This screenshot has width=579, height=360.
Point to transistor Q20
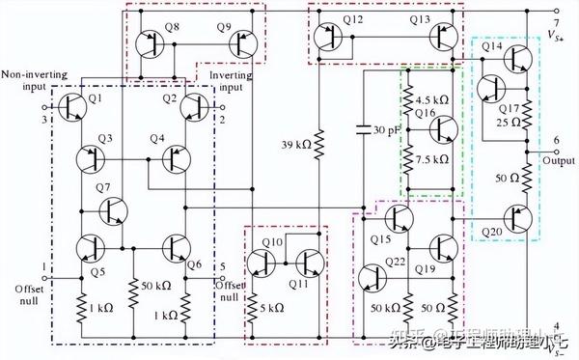(x=517, y=220)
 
